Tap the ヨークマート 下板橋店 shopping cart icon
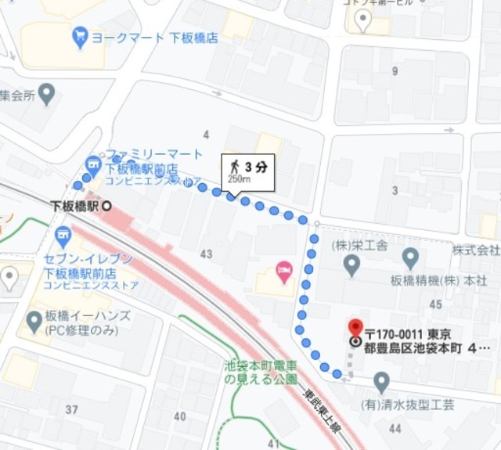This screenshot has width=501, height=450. click(79, 36)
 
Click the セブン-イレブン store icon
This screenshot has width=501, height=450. click(63, 234)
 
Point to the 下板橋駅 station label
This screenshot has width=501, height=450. click(74, 205)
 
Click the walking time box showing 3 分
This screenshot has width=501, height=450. click(247, 172)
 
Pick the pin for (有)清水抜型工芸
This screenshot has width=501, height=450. click(381, 382)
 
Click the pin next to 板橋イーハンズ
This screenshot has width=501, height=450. click(34, 321)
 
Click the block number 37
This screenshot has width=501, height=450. click(72, 410)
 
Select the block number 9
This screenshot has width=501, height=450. click(395, 72)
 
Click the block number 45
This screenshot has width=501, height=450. click(436, 304)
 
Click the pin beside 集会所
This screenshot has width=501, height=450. click(47, 95)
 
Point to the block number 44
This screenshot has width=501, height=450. click(395, 428)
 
